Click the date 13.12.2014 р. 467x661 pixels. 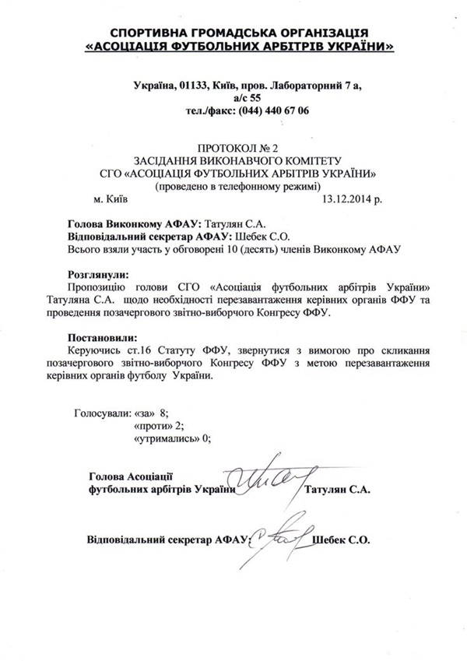click(x=351, y=199)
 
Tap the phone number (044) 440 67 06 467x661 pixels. click(x=266, y=111)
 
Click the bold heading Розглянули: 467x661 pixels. click(x=97, y=275)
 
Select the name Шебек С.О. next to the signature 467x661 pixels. click(x=340, y=538)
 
